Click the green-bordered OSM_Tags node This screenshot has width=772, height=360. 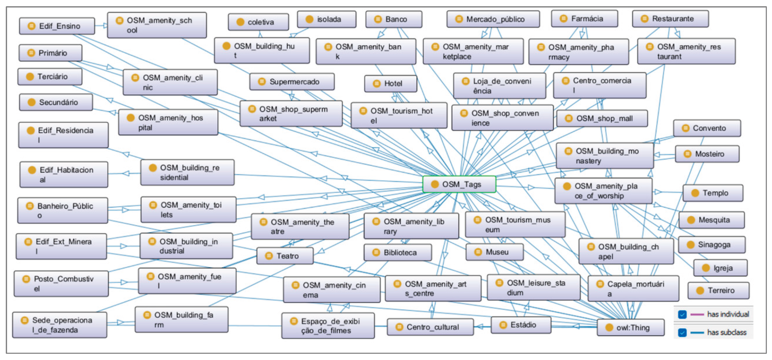coord(459,184)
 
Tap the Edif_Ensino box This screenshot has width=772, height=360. coord(57,26)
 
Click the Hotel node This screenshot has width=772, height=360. coord(390,83)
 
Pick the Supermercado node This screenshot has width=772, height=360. coord(292,81)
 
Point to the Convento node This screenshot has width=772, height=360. coord(707,128)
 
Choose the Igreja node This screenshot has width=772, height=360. coord(720,268)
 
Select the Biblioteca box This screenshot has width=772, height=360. coord(398,252)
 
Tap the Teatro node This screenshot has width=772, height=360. coord(285,256)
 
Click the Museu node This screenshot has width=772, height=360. coord(494,252)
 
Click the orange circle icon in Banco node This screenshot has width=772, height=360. coord(378,19)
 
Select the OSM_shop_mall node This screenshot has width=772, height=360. coord(602,118)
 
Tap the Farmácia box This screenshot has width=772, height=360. coord(584,19)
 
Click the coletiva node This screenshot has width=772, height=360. coord(258,22)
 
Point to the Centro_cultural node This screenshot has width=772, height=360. coord(430,327)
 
